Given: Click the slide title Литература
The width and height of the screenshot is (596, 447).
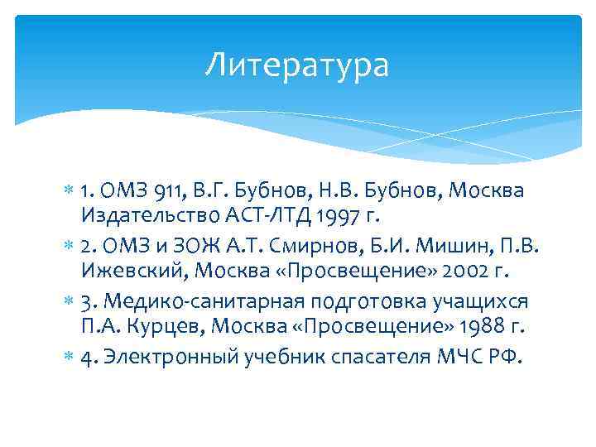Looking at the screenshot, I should [x=297, y=65].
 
